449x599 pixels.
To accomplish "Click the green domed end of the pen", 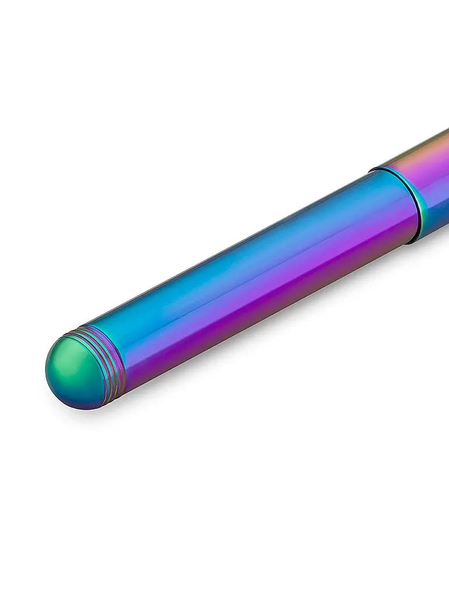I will click(73, 367).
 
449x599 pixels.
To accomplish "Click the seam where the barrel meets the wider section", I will click(403, 205).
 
